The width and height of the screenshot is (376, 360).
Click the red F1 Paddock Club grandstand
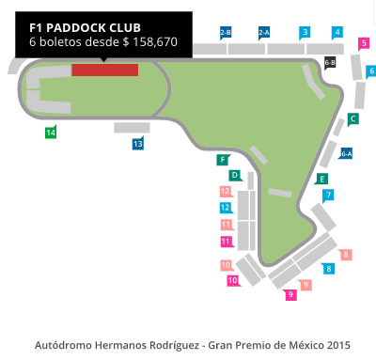point(105,70)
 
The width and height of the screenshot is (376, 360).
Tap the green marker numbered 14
point(51,133)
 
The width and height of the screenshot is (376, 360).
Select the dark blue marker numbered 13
point(137,144)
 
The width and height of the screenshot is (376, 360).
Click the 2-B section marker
point(226,32)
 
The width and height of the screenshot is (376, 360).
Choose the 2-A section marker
point(263,32)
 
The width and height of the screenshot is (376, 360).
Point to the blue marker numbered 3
point(305,32)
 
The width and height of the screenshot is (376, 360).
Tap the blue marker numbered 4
point(337,32)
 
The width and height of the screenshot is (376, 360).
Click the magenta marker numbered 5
point(364,42)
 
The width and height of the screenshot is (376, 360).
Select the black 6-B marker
point(330,62)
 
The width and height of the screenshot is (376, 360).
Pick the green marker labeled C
point(353,119)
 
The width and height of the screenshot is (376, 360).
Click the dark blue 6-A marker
point(346,153)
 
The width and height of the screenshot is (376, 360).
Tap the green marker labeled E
point(322,179)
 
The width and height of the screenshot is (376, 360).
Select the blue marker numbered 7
point(328,196)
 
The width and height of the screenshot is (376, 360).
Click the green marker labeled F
point(223,160)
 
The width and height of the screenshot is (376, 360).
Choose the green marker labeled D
point(234,175)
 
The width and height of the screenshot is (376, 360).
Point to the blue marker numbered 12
point(226,207)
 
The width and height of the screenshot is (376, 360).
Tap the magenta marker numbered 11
point(226,241)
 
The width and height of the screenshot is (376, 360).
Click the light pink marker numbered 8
point(346,254)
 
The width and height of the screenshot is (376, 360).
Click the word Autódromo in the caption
point(65,343)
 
